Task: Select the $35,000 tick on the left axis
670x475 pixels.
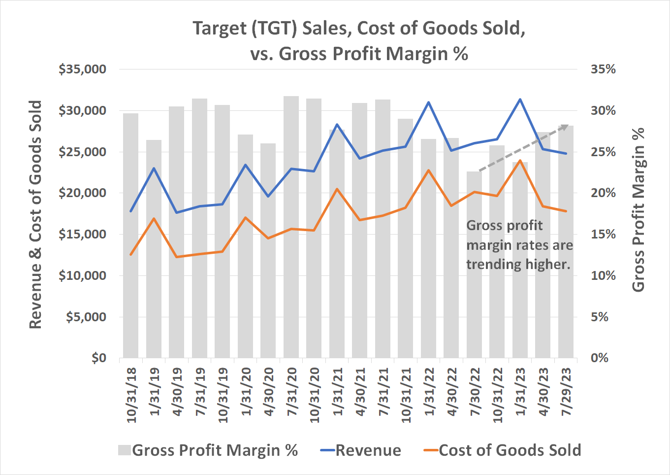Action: click(x=82, y=69)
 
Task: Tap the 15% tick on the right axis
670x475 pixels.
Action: click(x=603, y=235)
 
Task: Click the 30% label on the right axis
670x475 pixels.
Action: click(x=603, y=111)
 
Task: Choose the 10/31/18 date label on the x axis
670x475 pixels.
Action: click(x=131, y=395)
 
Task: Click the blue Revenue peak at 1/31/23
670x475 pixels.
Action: click(x=520, y=100)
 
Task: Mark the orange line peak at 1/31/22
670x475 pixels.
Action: click(x=428, y=170)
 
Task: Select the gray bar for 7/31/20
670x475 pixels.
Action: click(x=291, y=227)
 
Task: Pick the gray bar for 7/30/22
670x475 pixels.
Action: click(x=474, y=266)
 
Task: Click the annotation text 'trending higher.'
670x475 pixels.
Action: click(x=518, y=265)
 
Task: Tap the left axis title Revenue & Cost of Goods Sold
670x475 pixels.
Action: click(x=35, y=214)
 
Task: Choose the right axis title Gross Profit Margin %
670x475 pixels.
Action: click(x=638, y=210)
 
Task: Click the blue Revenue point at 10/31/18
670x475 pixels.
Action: click(x=130, y=211)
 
